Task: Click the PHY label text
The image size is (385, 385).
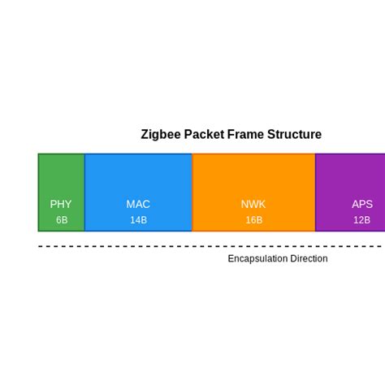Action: click(x=61, y=205)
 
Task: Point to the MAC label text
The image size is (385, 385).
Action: click(x=138, y=205)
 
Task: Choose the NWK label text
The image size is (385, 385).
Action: click(x=253, y=205)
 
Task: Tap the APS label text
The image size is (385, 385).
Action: click(x=362, y=205)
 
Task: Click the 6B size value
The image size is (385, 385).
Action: click(x=62, y=220)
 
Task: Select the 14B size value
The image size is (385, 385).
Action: click(x=138, y=220)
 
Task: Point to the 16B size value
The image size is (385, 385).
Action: click(x=253, y=220)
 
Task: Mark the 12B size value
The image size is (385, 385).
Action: click(x=361, y=220)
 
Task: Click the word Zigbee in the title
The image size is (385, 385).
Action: click(x=161, y=135)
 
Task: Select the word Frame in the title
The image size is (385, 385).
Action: click(x=246, y=135)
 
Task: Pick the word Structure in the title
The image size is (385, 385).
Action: click(x=295, y=135)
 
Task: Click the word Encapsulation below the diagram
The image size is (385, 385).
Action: click(x=257, y=259)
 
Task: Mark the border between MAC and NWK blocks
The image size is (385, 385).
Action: click(x=192, y=192)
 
